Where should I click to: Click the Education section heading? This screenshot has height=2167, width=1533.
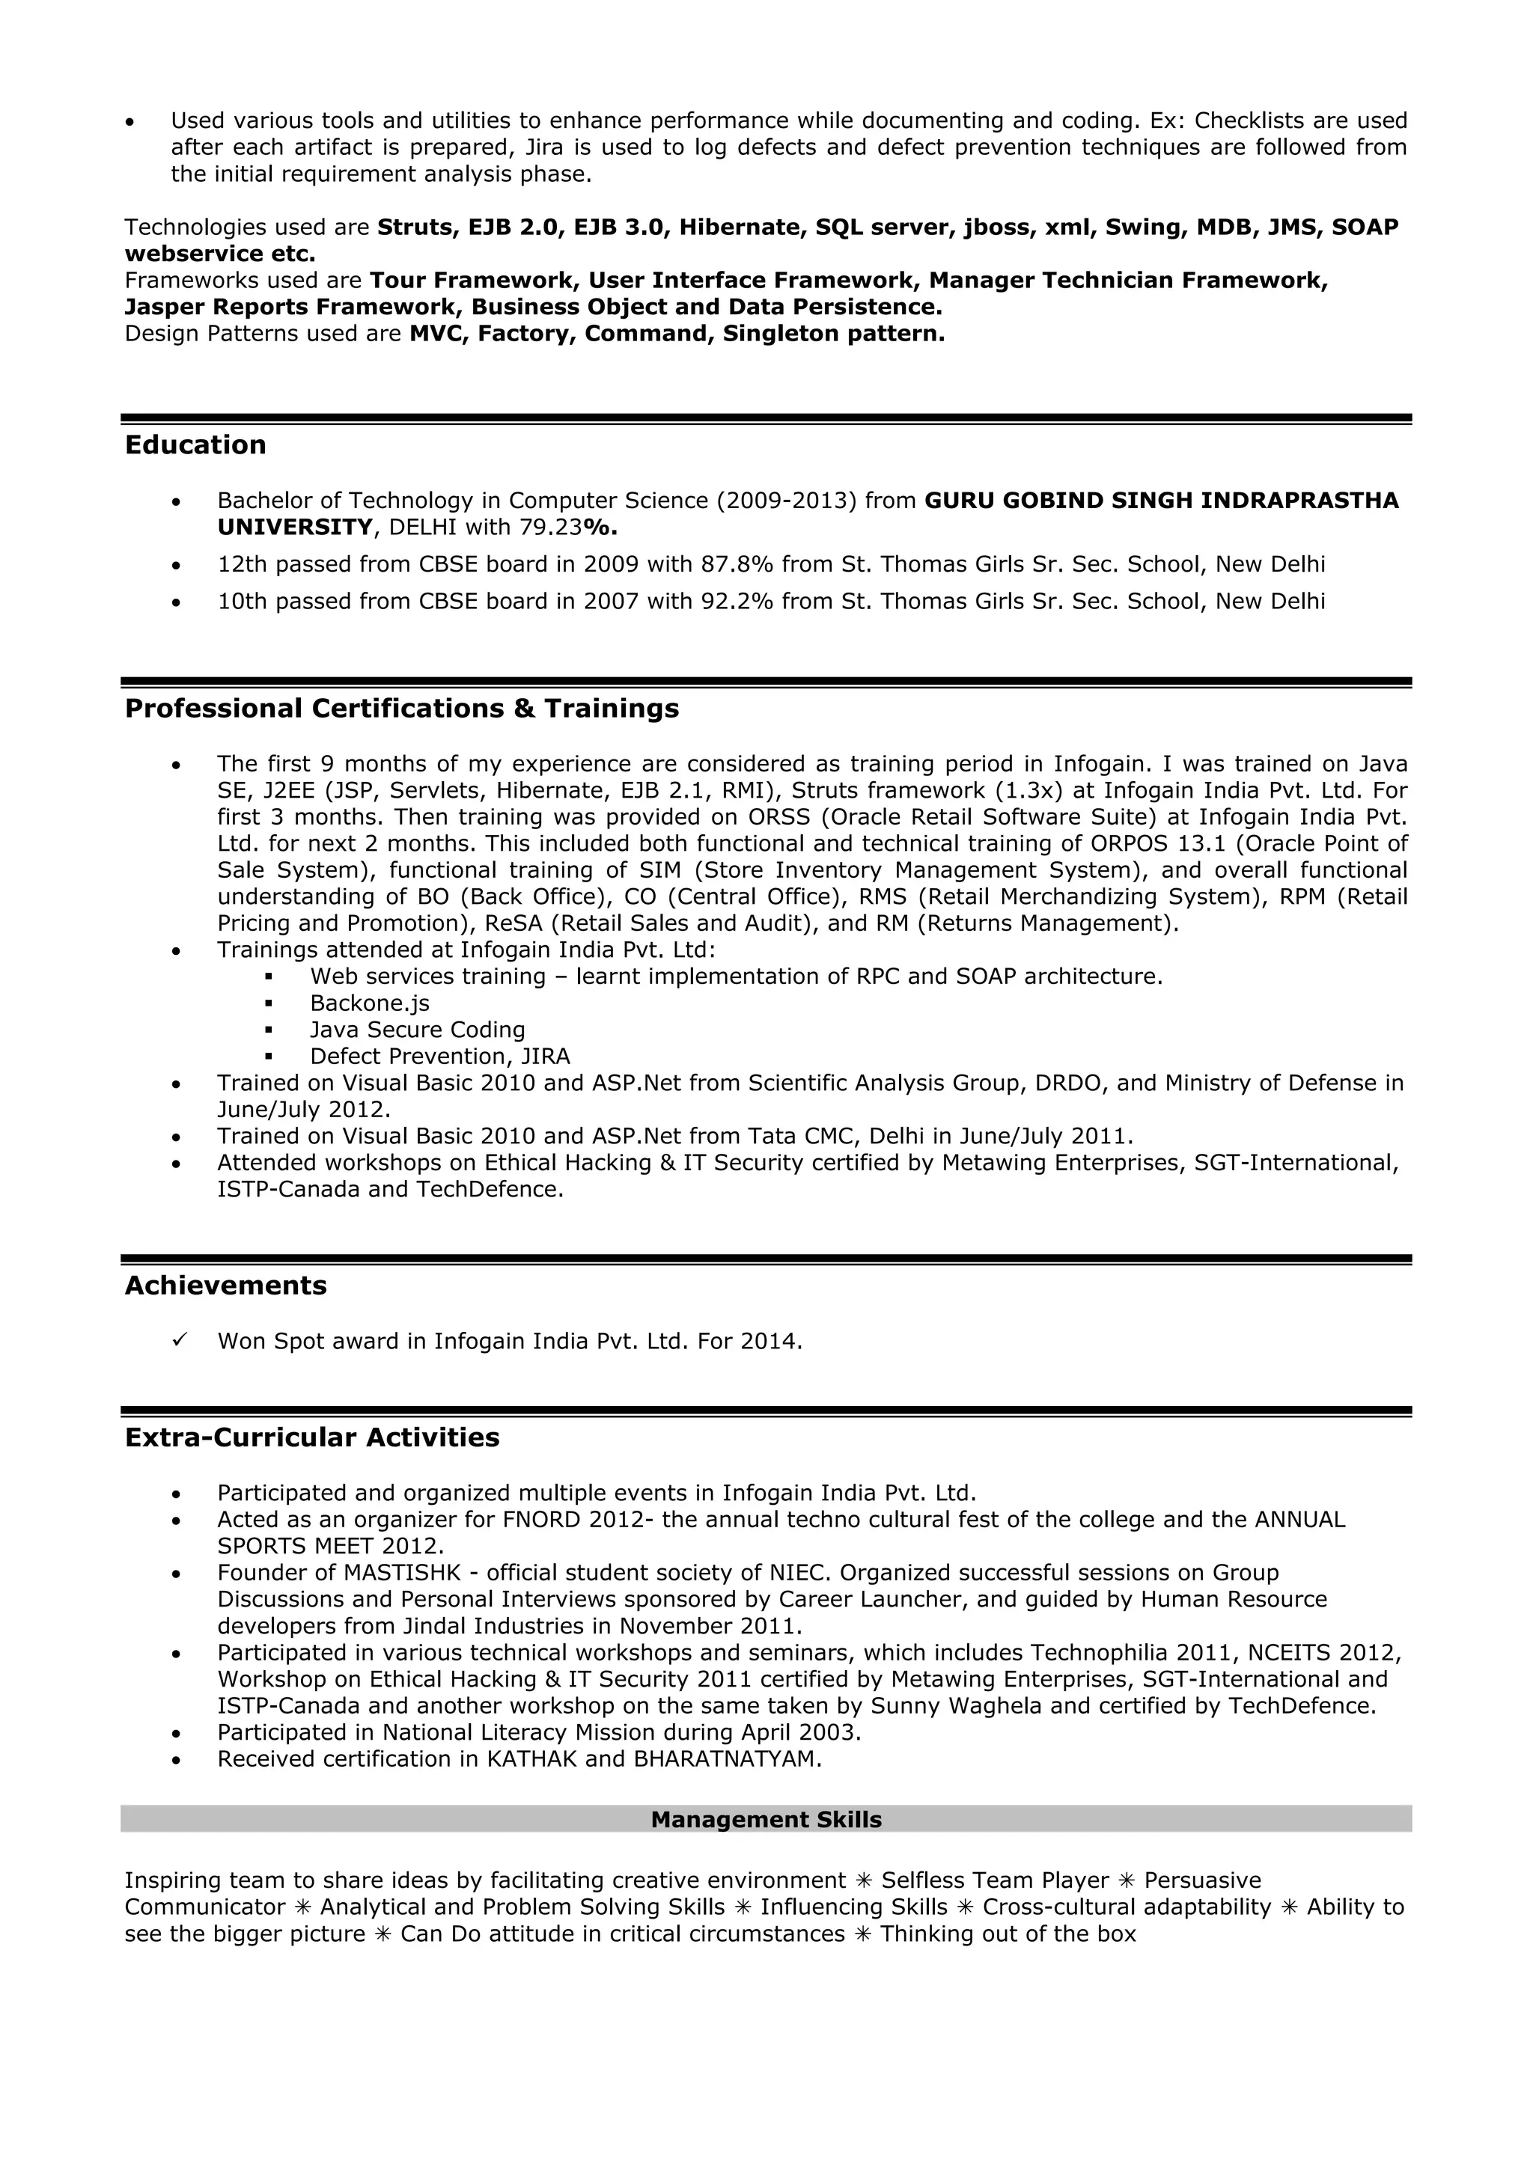click(x=195, y=444)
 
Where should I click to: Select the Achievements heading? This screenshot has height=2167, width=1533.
click(x=225, y=1286)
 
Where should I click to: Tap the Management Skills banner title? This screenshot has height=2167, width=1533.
click(x=766, y=1820)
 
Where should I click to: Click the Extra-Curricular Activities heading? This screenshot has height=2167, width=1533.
click(x=312, y=1437)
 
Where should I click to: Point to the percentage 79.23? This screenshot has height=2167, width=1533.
click(x=547, y=527)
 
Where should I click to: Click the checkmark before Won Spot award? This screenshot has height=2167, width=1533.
click(x=180, y=1339)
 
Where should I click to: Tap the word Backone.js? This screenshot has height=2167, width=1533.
click(x=370, y=1003)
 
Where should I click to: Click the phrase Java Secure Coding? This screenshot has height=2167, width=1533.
click(x=417, y=1030)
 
